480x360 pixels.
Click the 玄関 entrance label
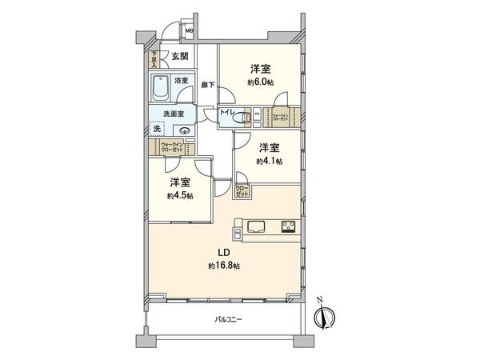pos(179,56)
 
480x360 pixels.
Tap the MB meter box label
pos(190,33)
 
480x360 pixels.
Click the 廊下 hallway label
pos(206,85)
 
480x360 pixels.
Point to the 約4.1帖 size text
pos(269,161)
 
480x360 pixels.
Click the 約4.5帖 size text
pos(180,195)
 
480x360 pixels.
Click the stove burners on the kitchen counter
pos(287,226)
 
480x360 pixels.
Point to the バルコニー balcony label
pos(228,320)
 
